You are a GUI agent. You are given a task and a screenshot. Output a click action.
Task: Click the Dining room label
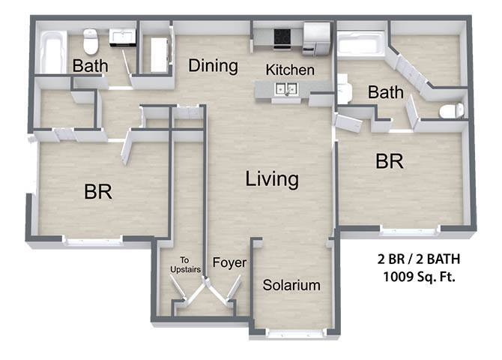click(x=213, y=66)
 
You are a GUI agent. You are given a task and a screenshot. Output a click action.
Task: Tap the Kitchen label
click(x=290, y=70)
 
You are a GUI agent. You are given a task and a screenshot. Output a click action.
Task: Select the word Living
click(x=272, y=179)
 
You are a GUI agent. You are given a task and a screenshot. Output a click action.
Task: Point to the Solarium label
click(x=291, y=285)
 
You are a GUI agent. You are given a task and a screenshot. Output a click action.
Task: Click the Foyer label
click(x=229, y=262)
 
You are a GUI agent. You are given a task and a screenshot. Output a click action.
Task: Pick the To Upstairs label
click(x=185, y=265)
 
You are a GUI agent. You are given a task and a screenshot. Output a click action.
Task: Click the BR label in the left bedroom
click(x=98, y=192)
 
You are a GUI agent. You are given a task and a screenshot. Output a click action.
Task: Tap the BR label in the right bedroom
click(x=390, y=161)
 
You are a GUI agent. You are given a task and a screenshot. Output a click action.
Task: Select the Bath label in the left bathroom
click(x=90, y=66)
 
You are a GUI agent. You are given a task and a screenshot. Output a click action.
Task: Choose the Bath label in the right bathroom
click(x=385, y=92)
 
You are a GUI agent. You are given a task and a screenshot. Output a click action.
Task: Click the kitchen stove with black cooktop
click(x=282, y=39)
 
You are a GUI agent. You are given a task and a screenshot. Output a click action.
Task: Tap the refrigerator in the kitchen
click(x=316, y=38)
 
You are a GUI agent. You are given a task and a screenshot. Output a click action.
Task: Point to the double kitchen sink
click(x=287, y=88)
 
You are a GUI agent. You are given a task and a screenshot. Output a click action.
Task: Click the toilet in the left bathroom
click(x=90, y=42)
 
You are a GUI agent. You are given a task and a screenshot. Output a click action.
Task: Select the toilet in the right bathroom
click(x=452, y=110)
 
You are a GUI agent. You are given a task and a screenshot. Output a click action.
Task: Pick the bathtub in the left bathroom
click(x=51, y=52)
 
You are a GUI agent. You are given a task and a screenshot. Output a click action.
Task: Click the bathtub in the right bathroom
click(x=361, y=44)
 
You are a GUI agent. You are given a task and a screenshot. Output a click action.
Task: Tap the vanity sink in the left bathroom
click(x=123, y=37)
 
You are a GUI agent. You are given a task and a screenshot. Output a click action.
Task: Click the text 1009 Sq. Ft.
click(x=419, y=276)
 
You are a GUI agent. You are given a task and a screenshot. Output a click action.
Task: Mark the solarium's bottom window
click(x=296, y=334)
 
